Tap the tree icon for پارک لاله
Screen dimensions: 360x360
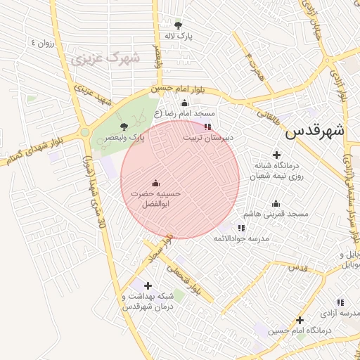coord(177,25)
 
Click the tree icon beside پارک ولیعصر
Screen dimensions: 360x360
coord(124,127)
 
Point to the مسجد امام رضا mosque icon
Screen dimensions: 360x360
coord(185,103)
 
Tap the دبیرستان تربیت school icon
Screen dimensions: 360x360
coord(207,127)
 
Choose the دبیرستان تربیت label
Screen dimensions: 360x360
coord(207,139)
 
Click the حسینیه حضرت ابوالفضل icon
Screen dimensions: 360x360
coord(155,183)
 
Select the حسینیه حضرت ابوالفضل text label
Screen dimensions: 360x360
coord(156,198)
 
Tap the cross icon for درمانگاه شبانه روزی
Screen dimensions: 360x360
coord(276,155)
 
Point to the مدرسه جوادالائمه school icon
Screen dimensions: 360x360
coord(241,228)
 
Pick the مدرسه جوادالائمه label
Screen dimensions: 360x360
coord(242,239)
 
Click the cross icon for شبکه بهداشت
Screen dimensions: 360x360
coord(148,285)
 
